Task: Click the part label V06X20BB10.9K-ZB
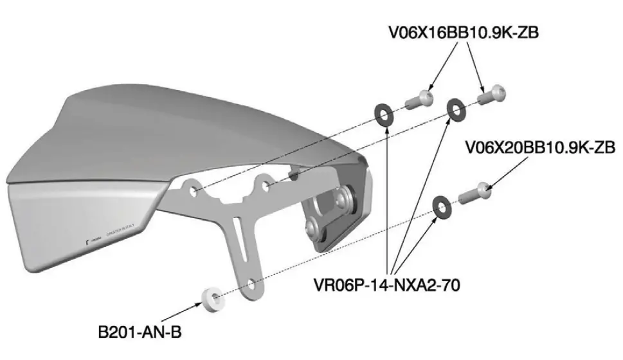pyautogui.click(x=540, y=148)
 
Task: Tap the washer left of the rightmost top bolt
pyautogui.click(x=456, y=109)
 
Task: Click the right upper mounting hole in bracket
pyautogui.click(x=266, y=186)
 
